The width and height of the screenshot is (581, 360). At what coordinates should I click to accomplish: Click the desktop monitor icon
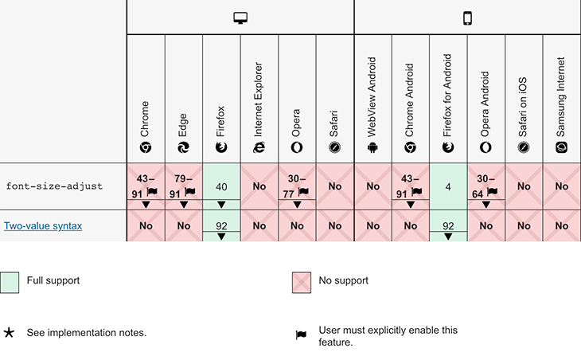click(x=240, y=18)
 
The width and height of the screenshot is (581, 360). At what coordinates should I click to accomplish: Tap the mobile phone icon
click(x=468, y=18)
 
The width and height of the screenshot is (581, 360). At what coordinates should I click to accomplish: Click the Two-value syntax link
click(x=43, y=225)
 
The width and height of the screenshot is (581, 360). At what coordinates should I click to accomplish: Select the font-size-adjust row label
click(x=54, y=186)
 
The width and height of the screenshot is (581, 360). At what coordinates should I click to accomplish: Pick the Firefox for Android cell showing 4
click(x=448, y=186)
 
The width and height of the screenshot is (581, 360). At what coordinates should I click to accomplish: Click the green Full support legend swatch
click(x=10, y=283)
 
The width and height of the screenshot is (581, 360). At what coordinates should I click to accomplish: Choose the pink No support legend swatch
click(x=302, y=283)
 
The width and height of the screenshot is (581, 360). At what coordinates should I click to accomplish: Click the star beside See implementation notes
click(x=9, y=333)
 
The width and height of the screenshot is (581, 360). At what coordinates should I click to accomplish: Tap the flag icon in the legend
click(x=301, y=335)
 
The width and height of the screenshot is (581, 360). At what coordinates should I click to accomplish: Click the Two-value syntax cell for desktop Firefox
click(x=221, y=225)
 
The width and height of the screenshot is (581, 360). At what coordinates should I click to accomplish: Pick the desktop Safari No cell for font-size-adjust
click(x=335, y=186)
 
